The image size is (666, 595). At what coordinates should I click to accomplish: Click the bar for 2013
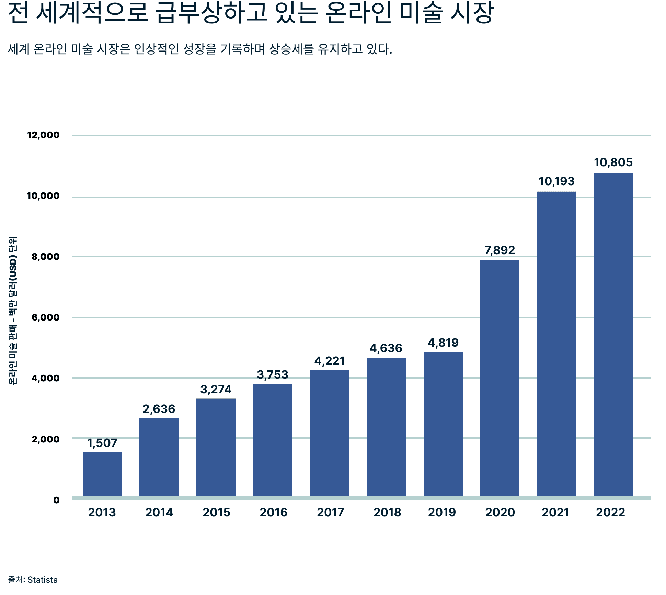102,474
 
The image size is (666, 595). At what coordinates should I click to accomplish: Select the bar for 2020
499,378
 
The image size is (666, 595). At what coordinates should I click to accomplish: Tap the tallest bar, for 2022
613,335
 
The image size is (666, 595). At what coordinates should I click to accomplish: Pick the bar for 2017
329,433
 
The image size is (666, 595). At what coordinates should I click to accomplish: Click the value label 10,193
556,181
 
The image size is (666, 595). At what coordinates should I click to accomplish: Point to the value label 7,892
499,250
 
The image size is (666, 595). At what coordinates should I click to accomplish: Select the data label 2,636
159,409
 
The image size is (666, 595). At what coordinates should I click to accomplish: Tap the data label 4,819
443,343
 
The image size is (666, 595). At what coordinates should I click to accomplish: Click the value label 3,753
273,374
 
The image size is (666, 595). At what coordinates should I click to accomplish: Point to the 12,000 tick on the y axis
43,135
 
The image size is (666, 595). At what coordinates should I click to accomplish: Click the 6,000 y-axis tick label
45,317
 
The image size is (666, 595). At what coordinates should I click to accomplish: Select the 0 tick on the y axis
56,500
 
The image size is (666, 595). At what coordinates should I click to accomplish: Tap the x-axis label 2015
216,512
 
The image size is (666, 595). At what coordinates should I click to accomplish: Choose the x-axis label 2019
442,512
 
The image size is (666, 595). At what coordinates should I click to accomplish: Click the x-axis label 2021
555,512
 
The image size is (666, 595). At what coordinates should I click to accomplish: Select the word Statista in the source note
43,580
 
